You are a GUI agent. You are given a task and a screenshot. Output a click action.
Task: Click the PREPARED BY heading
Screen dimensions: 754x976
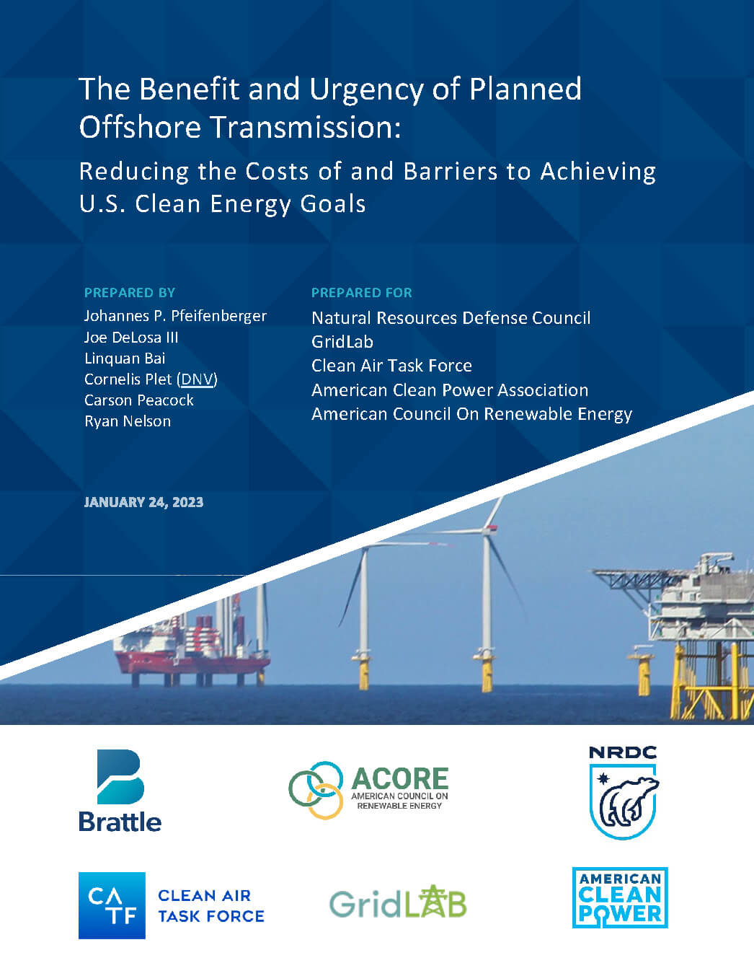click(x=130, y=293)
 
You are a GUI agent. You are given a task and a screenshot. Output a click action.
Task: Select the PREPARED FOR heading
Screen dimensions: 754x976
click(x=362, y=293)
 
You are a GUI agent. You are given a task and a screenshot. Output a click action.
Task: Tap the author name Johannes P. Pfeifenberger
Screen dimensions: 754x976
click(x=175, y=316)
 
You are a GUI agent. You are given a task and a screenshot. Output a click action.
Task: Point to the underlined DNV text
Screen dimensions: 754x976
click(x=198, y=379)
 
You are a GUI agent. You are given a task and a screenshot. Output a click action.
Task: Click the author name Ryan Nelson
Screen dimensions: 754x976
click(x=128, y=421)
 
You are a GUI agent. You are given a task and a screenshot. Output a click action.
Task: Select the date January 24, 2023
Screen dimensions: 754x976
click(x=143, y=502)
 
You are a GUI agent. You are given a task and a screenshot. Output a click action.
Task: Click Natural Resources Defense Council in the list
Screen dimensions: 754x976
click(x=451, y=318)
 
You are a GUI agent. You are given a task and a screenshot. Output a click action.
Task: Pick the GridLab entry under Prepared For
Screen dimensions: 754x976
click(x=342, y=342)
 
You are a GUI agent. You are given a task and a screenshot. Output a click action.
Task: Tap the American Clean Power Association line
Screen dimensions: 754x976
click(x=450, y=390)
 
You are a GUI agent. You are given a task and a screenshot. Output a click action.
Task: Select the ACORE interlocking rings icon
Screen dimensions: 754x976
click(x=316, y=790)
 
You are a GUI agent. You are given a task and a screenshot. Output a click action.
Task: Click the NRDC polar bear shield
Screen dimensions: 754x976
click(x=623, y=801)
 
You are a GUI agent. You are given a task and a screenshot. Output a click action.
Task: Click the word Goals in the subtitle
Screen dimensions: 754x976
click(x=333, y=204)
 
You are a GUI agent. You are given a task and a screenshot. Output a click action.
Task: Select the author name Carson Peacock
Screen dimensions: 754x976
click(x=138, y=400)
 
